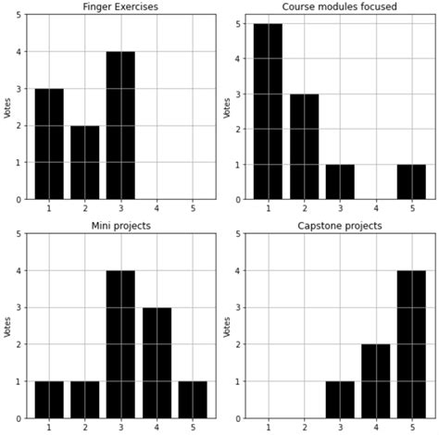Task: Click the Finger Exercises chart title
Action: tap(120, 7)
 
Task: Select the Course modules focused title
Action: tap(340, 7)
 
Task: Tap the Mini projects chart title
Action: tap(120, 226)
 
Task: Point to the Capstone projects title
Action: tap(340, 226)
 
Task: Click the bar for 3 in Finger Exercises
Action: tap(120, 125)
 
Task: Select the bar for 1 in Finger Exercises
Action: tap(49, 143)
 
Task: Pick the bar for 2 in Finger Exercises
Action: tap(85, 162)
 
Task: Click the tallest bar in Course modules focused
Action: tap(269, 111)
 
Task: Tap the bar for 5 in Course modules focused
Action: tap(411, 180)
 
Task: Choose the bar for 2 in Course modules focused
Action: tap(304, 146)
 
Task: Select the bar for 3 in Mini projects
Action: tap(120, 344)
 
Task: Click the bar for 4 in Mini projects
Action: tap(157, 363)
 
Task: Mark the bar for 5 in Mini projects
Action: tap(192, 399)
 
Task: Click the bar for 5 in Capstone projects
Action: tap(411, 344)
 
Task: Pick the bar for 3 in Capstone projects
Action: tap(340, 399)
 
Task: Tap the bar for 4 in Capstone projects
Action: tap(375, 380)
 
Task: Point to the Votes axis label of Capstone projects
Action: tap(228, 325)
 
